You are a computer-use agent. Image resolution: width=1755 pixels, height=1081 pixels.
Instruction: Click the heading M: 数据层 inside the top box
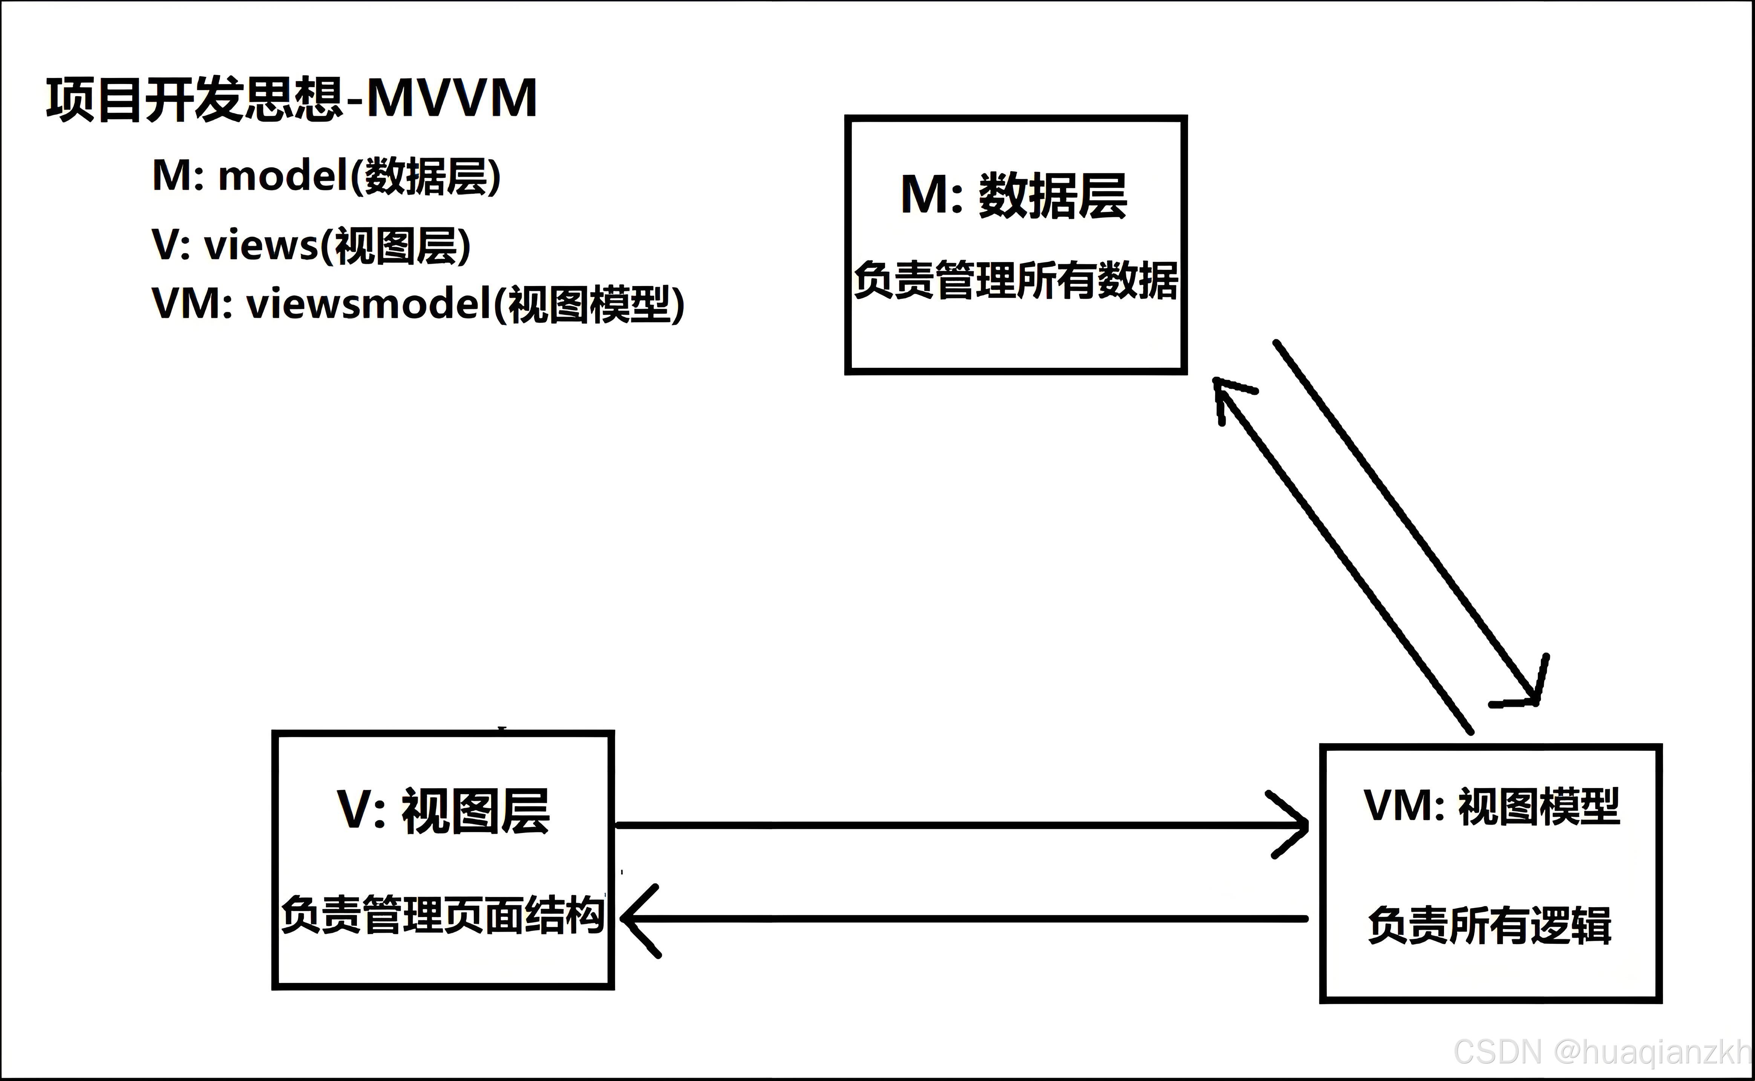[1014, 195]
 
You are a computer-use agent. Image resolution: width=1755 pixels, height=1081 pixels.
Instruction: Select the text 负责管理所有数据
[1015, 280]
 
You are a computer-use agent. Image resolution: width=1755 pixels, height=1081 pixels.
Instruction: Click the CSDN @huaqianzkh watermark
[1601, 1052]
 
